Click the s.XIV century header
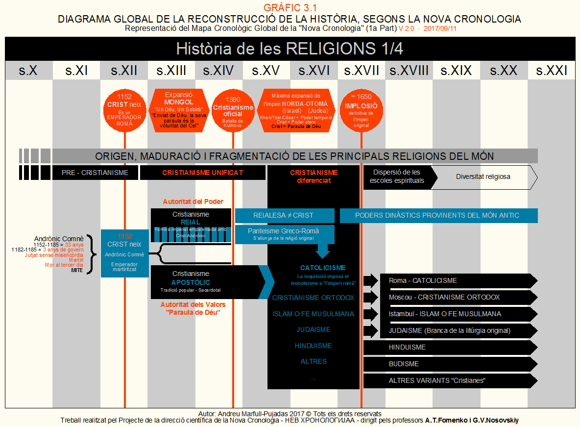(218, 71)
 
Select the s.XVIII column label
(409, 71)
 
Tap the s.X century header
(28, 71)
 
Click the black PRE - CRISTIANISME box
(95, 173)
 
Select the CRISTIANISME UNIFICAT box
(202, 173)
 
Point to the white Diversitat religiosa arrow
(483, 177)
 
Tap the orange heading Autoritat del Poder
(193, 201)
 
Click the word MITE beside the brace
(77, 270)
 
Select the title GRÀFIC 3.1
(290, 7)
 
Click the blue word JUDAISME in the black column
(313, 330)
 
